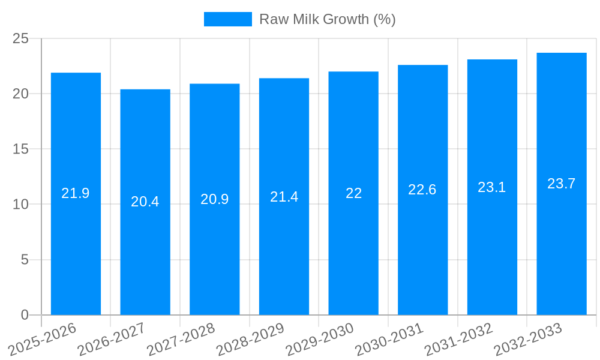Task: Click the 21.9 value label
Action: point(76,193)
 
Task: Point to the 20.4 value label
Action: point(145,202)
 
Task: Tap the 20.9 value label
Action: point(215,199)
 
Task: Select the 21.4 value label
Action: point(284,197)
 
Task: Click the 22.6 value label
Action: point(422,190)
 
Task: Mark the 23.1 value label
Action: point(492,187)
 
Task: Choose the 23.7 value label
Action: point(562,184)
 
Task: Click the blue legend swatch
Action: point(228,19)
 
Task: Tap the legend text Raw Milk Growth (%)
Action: point(327,19)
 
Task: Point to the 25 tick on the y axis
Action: point(21,38)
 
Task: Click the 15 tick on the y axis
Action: point(21,149)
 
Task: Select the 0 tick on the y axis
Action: point(25,315)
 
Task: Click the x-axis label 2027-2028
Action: point(182,338)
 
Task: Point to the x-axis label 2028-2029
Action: point(251,338)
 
